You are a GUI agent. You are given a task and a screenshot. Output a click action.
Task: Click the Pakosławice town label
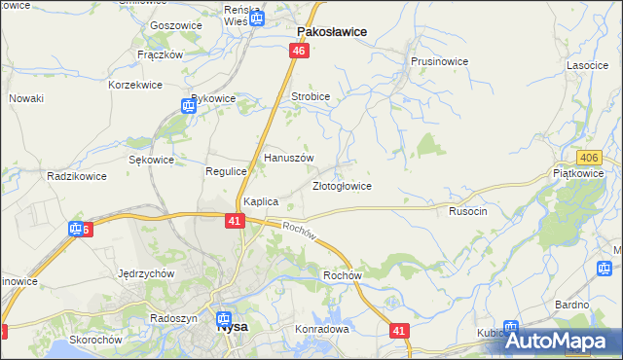tap(331, 31)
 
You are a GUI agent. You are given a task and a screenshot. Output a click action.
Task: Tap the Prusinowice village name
tap(439, 61)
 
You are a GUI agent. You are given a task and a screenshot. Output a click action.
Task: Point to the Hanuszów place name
tap(289, 157)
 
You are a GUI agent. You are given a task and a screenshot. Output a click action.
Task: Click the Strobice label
tap(311, 97)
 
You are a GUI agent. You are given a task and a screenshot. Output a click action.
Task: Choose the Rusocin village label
tap(467, 210)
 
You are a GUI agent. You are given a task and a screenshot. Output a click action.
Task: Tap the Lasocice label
tap(588, 65)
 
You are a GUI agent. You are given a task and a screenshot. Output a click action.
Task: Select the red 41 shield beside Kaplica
tap(235, 222)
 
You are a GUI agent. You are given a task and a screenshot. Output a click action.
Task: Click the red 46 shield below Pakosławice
tap(299, 51)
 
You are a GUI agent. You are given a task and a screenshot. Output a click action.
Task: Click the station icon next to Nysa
tap(225, 317)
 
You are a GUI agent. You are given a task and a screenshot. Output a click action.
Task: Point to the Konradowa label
tap(321, 329)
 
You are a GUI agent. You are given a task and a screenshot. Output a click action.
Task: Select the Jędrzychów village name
tap(145, 273)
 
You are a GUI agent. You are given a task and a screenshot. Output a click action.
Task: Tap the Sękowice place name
tap(151, 160)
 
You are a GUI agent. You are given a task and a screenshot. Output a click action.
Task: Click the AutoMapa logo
tap(558, 341)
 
